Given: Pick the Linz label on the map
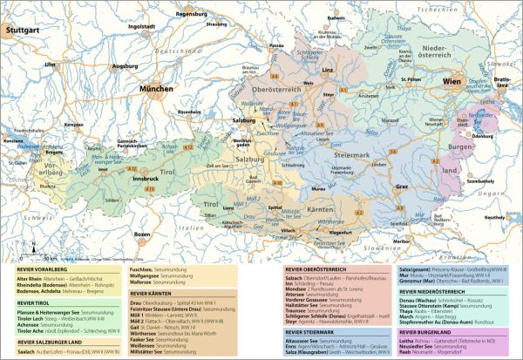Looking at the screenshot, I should pos(329,67).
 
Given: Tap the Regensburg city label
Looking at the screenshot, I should pos(219,15).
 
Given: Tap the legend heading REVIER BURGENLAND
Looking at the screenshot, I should pos(432,332).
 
